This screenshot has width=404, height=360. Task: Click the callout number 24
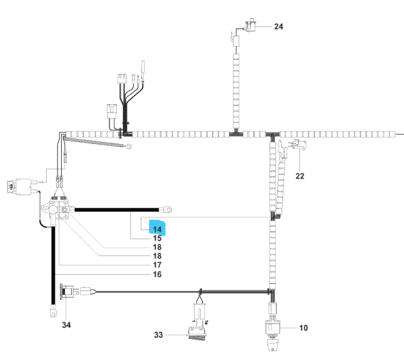point(279,27)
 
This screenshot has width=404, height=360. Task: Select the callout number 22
point(300,176)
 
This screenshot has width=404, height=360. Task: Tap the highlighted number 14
point(158,229)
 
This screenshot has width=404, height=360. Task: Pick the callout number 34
point(66,325)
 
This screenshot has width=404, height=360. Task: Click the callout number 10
point(304,328)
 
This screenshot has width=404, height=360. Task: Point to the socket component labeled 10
point(273,330)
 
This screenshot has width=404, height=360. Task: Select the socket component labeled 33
point(198,333)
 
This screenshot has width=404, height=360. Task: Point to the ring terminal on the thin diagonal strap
point(128,148)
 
